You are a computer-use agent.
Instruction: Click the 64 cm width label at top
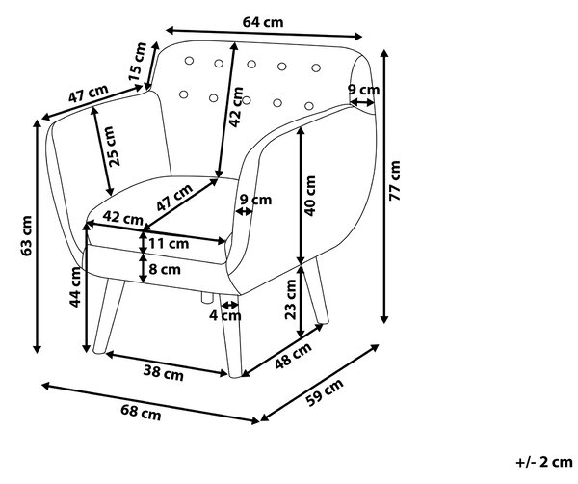(263, 22)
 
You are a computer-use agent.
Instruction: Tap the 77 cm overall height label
(395, 180)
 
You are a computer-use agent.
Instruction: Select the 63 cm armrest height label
(27, 236)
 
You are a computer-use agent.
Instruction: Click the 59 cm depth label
(325, 392)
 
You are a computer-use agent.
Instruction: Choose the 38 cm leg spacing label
(164, 372)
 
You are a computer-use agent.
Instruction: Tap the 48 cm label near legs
(294, 356)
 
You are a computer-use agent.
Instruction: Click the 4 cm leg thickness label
(225, 316)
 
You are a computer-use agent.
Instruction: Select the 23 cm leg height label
(291, 299)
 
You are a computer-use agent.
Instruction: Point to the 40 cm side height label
(310, 196)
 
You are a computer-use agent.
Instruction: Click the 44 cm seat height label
(75, 287)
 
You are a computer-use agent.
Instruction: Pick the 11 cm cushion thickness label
(169, 244)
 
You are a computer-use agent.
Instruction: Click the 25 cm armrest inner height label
(114, 147)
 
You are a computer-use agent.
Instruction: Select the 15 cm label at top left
(137, 62)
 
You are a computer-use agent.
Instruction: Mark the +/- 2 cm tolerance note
(544, 462)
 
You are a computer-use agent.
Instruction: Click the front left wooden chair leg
(108, 316)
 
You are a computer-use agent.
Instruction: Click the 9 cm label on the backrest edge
(364, 90)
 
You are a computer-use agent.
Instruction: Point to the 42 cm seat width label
(122, 218)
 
